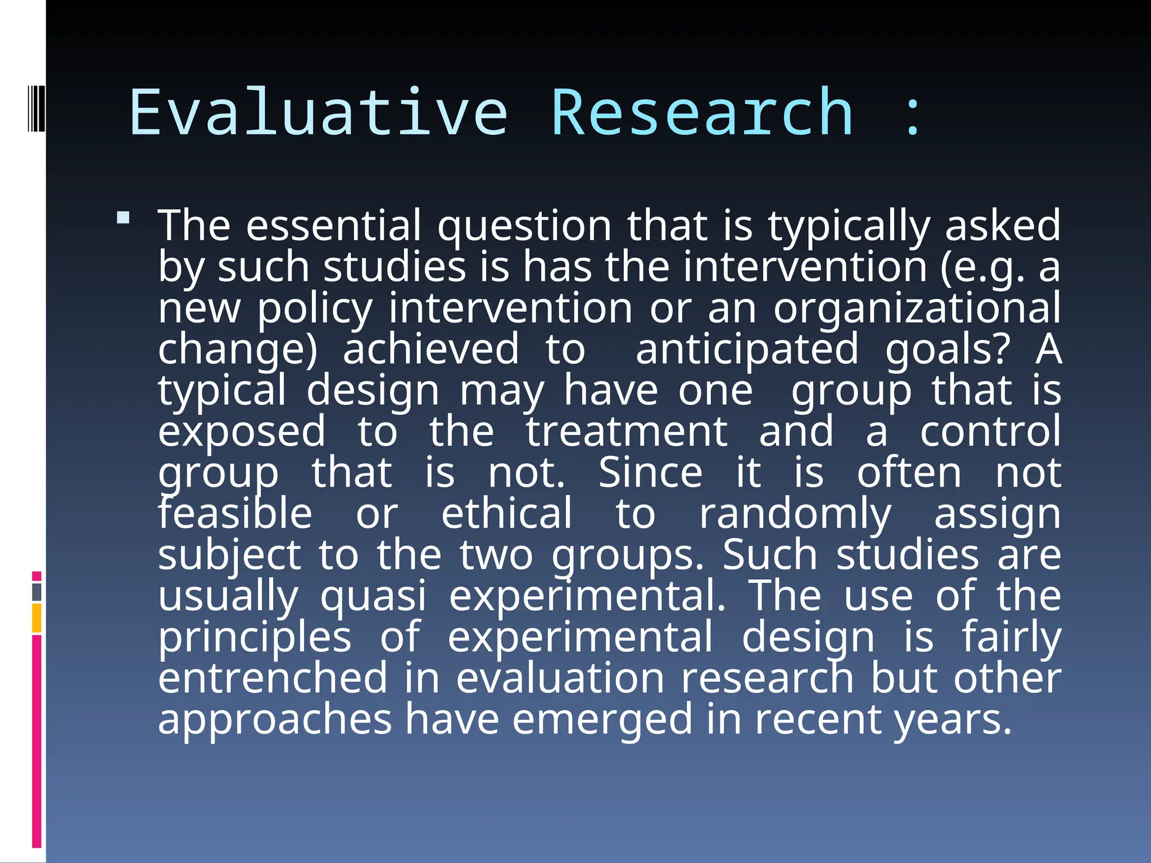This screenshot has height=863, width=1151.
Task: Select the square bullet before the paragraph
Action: point(123,217)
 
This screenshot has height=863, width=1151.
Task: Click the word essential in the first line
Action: point(333,225)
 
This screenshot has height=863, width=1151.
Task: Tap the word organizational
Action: point(917,309)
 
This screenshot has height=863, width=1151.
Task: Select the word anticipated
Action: point(747,349)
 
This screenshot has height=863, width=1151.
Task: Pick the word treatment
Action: point(627,431)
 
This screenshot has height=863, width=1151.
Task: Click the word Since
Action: point(650,473)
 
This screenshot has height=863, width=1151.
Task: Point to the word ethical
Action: point(506,514)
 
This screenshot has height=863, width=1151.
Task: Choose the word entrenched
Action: point(273,678)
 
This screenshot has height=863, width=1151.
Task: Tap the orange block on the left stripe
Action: point(37,618)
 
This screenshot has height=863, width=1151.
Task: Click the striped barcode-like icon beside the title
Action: point(36,107)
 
